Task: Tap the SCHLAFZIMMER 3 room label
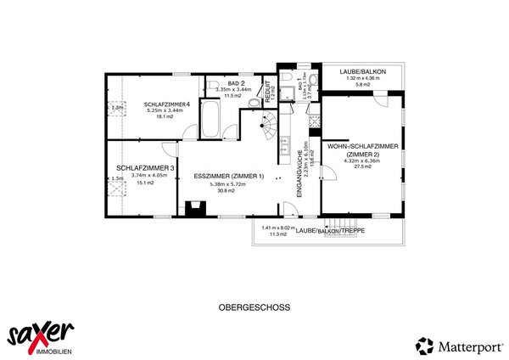coord(145,168)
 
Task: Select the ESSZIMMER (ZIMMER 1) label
coord(229,176)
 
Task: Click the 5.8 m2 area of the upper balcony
coord(362,84)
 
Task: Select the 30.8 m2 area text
coord(229,190)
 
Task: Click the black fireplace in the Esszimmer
coord(194,208)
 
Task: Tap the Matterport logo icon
coord(423,346)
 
